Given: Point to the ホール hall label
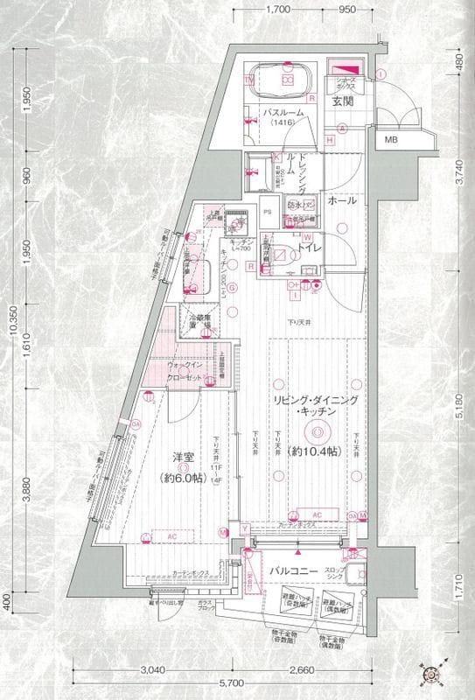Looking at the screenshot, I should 341,200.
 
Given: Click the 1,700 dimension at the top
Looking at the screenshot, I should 276,10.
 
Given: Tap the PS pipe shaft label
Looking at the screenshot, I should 268,211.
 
